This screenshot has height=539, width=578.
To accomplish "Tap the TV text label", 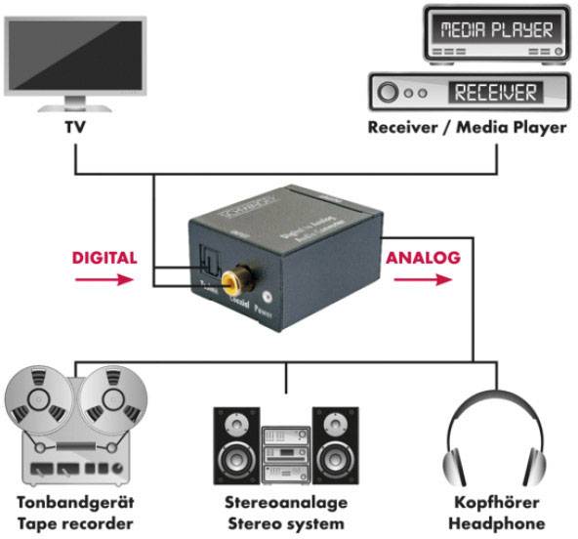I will click(x=75, y=127).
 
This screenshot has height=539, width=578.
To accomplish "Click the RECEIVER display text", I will click(x=492, y=93).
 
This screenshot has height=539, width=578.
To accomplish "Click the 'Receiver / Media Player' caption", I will click(x=467, y=128).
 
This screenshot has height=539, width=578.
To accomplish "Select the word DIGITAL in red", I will click(x=104, y=259).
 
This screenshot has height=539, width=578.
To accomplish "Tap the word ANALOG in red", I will click(x=423, y=259).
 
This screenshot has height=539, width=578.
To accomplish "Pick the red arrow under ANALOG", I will click(x=423, y=279).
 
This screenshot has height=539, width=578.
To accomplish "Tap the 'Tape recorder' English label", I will click(x=75, y=523).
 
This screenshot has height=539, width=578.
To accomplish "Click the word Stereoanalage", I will click(x=284, y=504).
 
